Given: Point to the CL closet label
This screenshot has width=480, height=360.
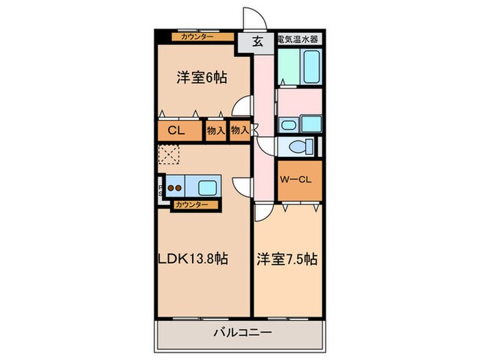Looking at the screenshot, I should point(174,131).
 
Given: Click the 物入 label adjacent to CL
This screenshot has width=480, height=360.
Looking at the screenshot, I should point(216,131).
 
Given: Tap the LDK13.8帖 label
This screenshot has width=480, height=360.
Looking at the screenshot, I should point(194,260).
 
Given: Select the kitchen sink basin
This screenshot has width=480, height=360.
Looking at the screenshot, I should point(206,186).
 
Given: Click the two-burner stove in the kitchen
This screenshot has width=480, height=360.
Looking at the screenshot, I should point(175,186).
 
